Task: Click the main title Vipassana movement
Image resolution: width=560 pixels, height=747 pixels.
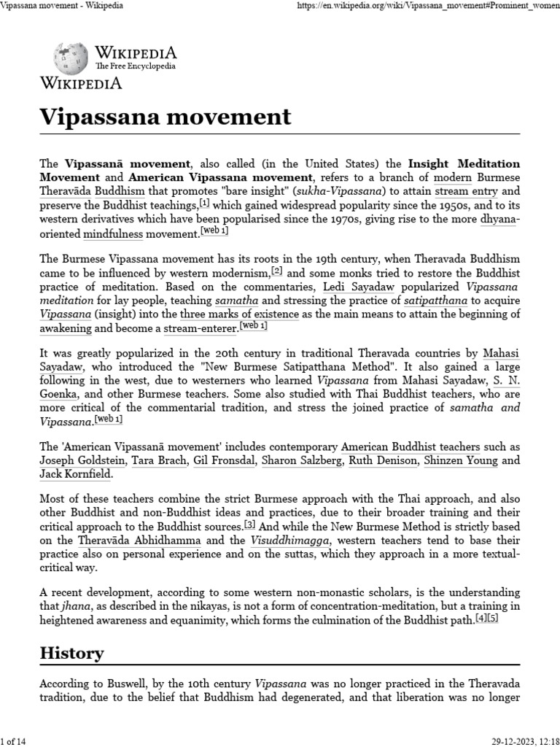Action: coord(165,116)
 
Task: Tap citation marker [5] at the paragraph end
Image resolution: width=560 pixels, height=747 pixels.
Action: coord(493,617)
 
